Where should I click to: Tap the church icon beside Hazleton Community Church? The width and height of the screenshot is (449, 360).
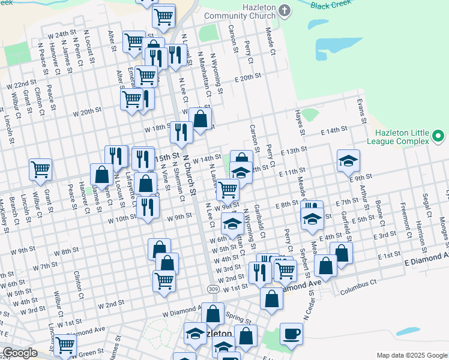[x=285, y=10]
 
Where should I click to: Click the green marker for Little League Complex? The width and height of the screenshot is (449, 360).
[x=439, y=137]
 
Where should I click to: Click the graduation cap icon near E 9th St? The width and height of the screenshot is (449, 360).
[x=348, y=160]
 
